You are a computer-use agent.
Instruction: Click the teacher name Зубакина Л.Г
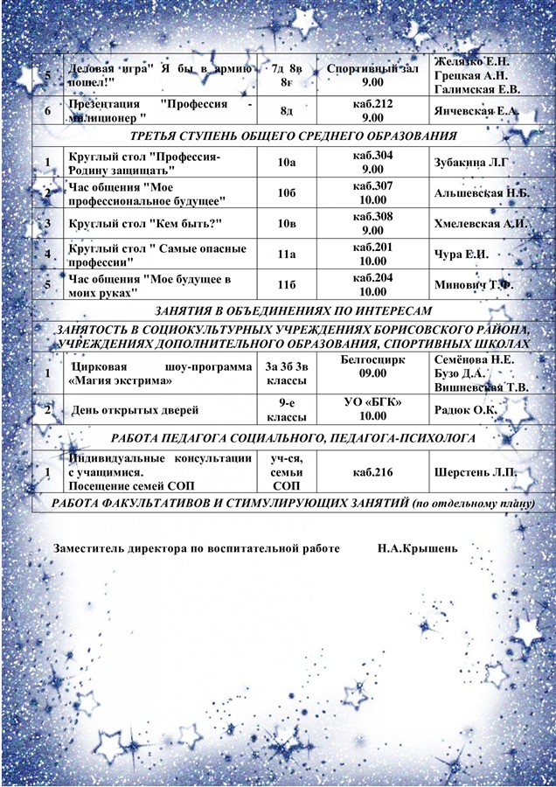click(x=470, y=163)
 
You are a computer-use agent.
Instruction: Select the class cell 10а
click(x=285, y=163)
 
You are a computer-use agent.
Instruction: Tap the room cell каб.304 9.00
click(x=372, y=163)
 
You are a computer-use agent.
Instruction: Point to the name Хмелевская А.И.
click(x=480, y=224)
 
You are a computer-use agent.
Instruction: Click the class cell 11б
click(x=285, y=285)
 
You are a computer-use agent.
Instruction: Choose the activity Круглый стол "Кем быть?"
click(x=144, y=224)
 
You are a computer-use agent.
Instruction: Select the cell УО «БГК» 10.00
click(x=372, y=408)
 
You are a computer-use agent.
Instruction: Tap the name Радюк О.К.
click(x=465, y=408)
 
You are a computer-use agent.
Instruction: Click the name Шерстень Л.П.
click(x=475, y=473)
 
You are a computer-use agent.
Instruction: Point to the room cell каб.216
click(x=372, y=473)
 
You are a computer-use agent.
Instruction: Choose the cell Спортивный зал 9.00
click(x=372, y=74)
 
